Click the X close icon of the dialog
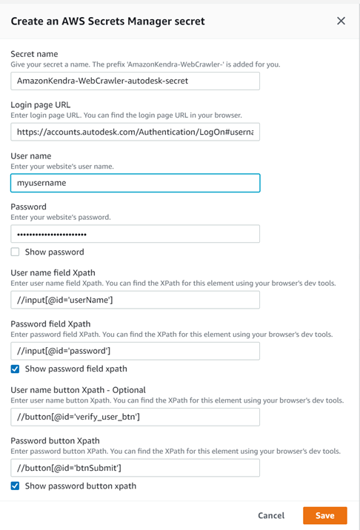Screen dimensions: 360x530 (x=341, y=21)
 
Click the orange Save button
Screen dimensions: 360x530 (x=324, y=515)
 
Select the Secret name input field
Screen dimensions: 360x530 (x=135, y=80)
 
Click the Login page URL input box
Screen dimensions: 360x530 (x=135, y=131)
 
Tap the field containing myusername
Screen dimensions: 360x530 (x=135, y=182)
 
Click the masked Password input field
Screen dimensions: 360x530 (x=135, y=233)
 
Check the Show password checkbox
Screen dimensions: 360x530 (x=15, y=252)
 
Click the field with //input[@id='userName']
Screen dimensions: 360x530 (x=135, y=299)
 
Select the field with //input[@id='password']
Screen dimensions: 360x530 (x=135, y=350)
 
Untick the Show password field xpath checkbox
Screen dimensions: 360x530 (x=15, y=369)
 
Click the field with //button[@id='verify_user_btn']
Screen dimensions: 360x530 (x=135, y=416)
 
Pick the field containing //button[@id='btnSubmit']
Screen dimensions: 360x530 (x=135, y=467)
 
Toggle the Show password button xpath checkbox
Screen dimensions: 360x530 (x=15, y=486)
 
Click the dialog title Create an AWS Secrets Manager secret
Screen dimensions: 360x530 (x=107, y=21)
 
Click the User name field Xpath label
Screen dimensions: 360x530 (x=53, y=273)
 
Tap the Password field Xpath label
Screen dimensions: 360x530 (x=50, y=323)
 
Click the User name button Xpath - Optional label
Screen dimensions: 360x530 (x=78, y=389)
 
